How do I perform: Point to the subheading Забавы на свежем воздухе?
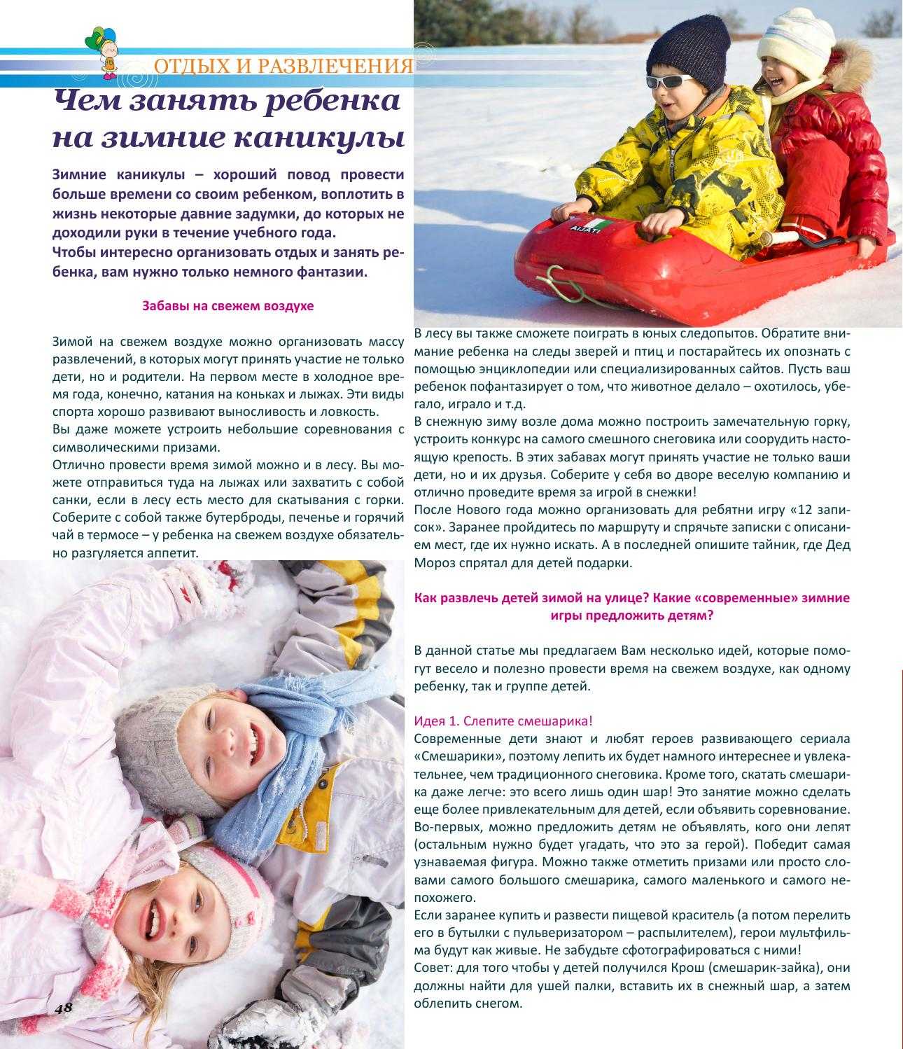click(228, 306)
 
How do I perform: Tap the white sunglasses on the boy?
click(668, 80)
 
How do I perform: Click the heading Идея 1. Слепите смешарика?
click(503, 721)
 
